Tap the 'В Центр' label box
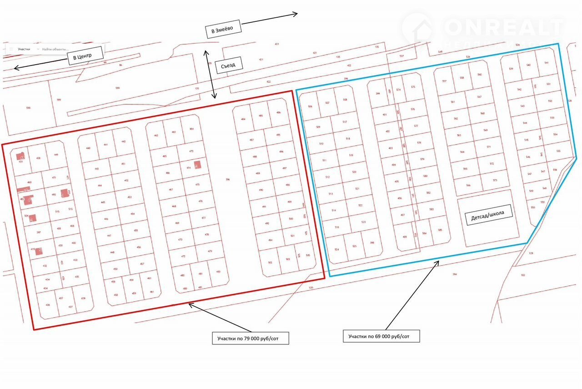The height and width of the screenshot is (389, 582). [82, 57]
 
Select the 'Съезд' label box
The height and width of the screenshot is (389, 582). [229, 66]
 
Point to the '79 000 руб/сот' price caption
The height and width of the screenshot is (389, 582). [250, 338]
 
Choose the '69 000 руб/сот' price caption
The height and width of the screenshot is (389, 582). [381, 336]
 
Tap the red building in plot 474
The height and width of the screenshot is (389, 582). [197, 165]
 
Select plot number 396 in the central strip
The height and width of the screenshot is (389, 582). [228, 179]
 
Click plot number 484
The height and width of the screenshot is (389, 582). [243, 119]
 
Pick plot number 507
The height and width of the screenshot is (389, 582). [327, 103]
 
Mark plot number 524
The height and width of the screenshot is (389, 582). [337, 249]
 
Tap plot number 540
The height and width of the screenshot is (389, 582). [528, 65]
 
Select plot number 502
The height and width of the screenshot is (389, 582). [270, 263]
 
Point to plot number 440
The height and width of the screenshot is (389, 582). [88, 148]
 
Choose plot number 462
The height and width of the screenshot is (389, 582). [156, 136]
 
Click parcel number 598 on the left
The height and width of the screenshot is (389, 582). [28, 108]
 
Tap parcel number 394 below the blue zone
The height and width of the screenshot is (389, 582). [454, 274]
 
